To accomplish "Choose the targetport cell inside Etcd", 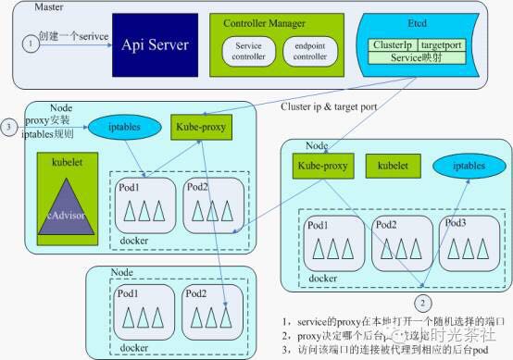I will click(441, 44).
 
